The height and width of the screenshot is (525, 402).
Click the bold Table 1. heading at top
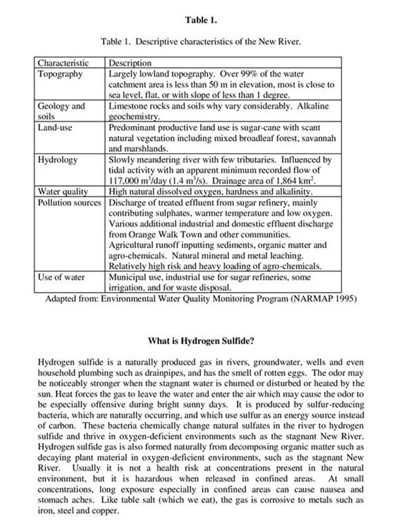[x=201, y=20]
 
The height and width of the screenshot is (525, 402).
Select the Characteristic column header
[x=62, y=63]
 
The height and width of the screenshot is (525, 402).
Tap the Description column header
[x=130, y=63]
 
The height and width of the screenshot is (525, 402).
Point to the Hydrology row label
[x=58, y=160]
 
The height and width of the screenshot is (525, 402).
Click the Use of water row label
[x=61, y=277]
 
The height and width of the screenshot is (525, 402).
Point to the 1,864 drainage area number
[x=283, y=180]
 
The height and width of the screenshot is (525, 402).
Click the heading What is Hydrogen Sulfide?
[x=201, y=341]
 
